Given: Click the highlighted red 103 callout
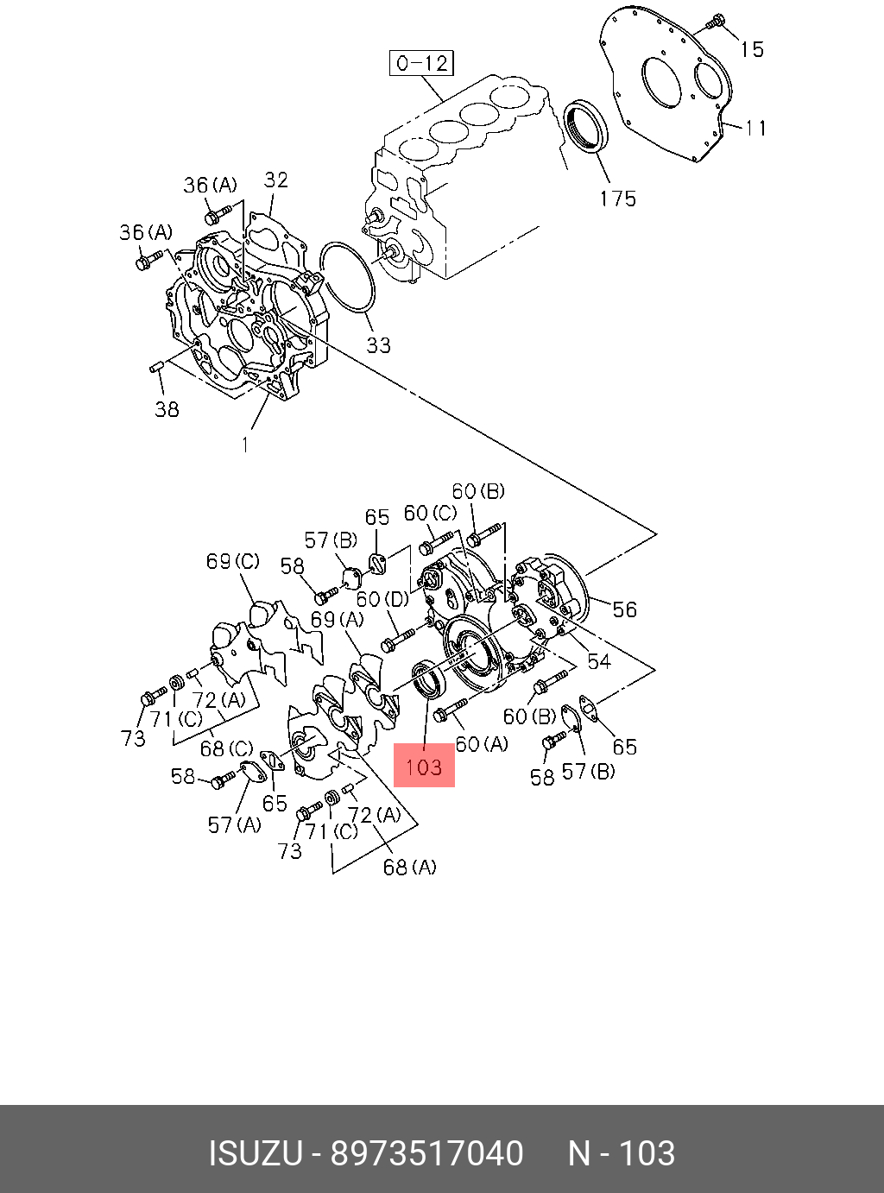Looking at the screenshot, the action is [x=424, y=766].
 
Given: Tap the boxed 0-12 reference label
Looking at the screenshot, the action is [x=421, y=63].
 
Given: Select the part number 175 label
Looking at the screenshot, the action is [x=617, y=199].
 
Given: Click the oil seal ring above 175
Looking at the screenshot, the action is [x=584, y=126].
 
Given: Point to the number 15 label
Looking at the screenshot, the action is [x=752, y=49].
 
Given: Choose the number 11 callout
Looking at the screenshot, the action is [x=756, y=128].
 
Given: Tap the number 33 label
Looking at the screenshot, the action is [x=378, y=345].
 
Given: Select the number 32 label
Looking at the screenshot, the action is [x=275, y=180].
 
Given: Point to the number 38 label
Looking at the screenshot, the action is [x=167, y=409].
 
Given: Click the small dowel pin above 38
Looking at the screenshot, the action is [x=156, y=369].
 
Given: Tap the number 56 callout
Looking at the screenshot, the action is [x=624, y=609].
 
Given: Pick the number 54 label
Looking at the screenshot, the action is [x=598, y=661].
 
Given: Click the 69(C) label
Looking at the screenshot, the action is [x=232, y=561].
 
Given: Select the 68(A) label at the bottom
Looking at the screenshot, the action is [x=409, y=867].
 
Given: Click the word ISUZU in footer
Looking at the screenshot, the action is [x=255, y=1153].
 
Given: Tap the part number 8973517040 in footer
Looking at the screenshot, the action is [x=427, y=1153].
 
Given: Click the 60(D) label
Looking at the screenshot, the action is [x=382, y=599].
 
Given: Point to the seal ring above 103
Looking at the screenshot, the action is [x=429, y=679].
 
